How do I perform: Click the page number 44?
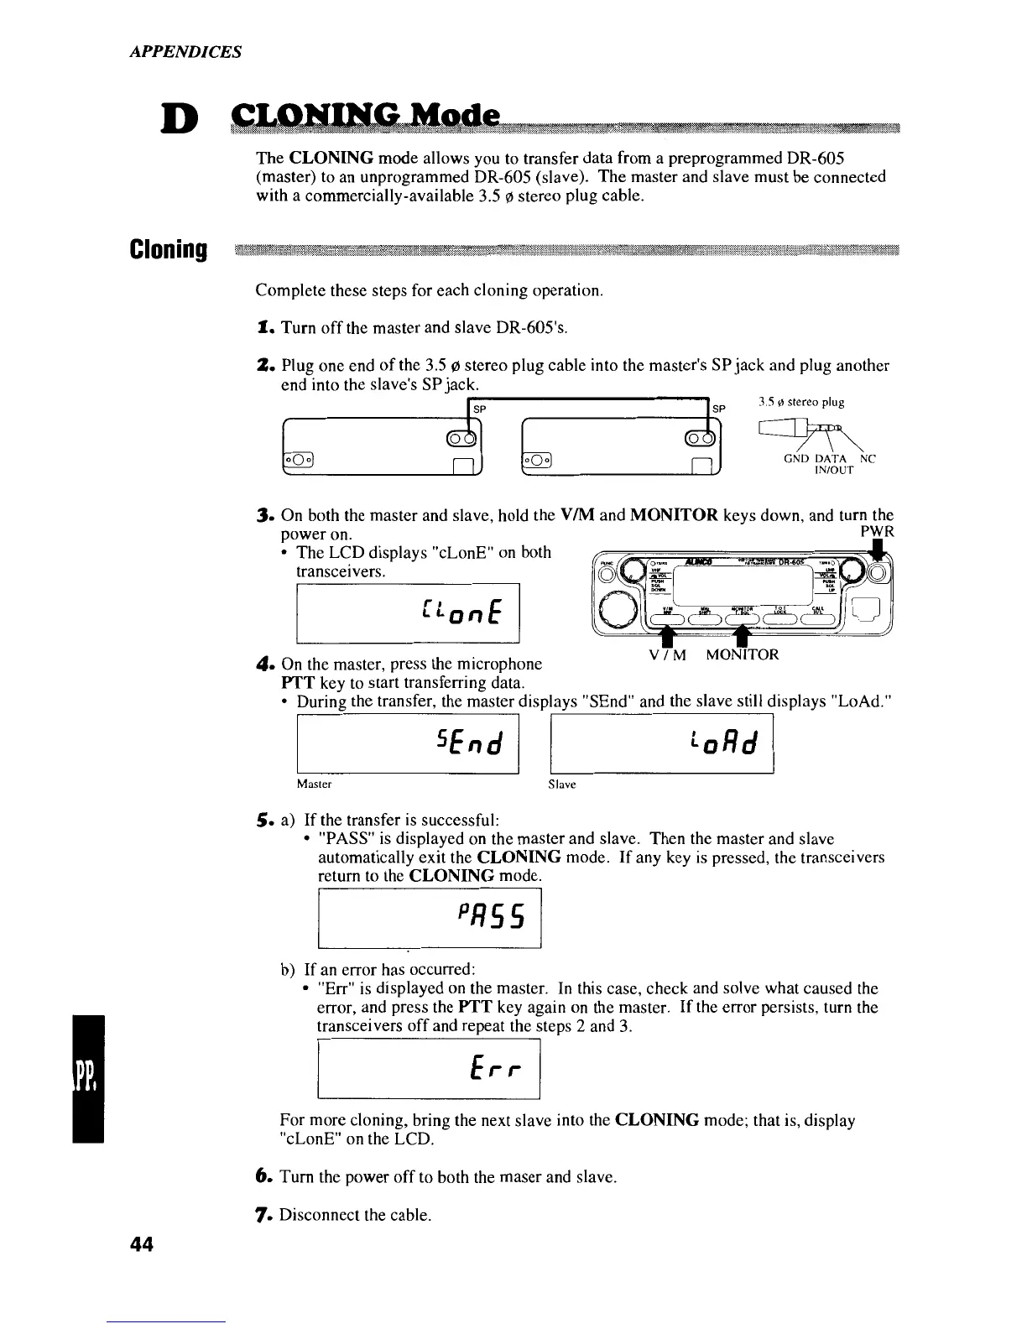pos(142,1246)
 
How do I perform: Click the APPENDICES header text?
pos(185,51)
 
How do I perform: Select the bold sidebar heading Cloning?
pos(168,249)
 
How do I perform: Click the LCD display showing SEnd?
pos(409,743)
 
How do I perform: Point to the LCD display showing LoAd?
pos(661,743)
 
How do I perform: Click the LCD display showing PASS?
pos(430,918)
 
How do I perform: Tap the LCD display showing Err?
pos(429,1067)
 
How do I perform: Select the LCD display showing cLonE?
pos(409,611)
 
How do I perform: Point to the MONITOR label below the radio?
pos(742,654)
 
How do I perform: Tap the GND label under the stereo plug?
pos(795,459)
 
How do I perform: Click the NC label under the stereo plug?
pos(868,459)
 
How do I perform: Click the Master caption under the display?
pos(315,784)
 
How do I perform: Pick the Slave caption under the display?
pos(561,784)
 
